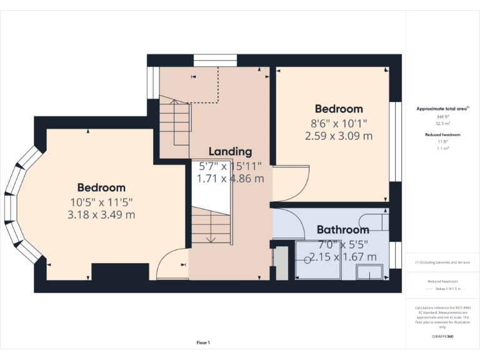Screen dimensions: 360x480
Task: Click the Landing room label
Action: (x=230, y=151)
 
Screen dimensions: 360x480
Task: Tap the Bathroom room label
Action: (x=342, y=229)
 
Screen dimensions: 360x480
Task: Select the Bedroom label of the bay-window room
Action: (x=101, y=187)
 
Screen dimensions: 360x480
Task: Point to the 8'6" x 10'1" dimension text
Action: (x=339, y=123)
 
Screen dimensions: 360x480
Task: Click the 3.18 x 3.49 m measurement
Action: (x=101, y=214)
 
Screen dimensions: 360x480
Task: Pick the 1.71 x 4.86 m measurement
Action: (x=230, y=179)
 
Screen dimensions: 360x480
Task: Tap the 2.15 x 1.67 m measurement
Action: (x=342, y=257)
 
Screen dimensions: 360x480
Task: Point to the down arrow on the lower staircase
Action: (x=211, y=237)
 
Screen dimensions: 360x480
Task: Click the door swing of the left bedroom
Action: (x=171, y=262)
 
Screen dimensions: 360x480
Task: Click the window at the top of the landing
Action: (x=215, y=60)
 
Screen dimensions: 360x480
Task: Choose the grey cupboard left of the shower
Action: (x=281, y=263)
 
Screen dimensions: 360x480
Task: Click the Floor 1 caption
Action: (x=203, y=342)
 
